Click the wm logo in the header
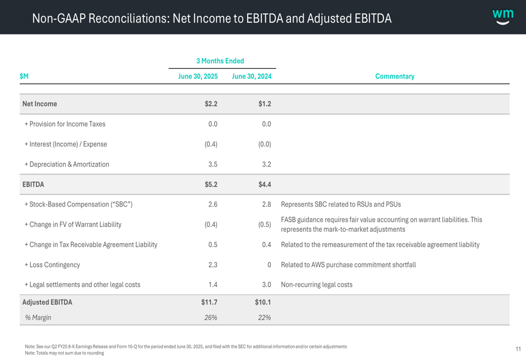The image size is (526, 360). point(503,17)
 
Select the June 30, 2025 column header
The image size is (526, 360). point(198,76)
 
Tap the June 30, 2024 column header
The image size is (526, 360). point(251,76)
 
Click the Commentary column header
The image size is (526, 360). point(394,76)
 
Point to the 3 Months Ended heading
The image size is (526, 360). point(220,61)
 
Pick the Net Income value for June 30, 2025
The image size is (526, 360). point(211,104)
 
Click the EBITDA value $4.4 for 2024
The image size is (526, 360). point(265,184)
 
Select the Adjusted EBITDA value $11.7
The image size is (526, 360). point(209,302)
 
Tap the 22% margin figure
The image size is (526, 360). point(265,317)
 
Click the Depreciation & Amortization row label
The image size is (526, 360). point(67,164)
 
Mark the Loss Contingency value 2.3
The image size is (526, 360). point(213,265)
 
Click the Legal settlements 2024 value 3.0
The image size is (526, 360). point(266,285)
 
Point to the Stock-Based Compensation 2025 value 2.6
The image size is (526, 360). point(213,204)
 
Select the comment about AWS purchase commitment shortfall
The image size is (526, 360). point(348,265)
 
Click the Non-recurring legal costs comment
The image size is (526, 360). point(317,285)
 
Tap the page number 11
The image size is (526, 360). point(518,349)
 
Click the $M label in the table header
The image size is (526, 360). point(24,76)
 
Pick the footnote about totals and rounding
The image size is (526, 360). point(64,353)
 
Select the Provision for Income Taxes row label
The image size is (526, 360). point(65,124)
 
